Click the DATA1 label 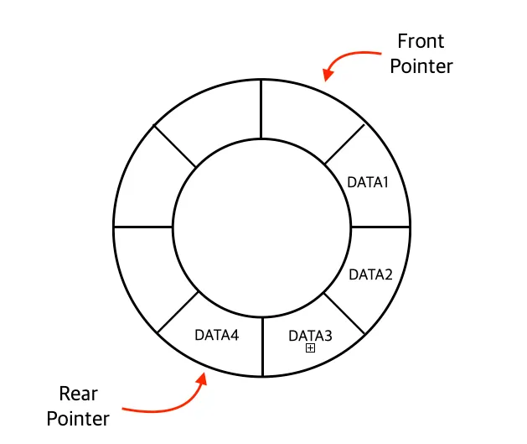369,180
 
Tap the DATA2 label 370,274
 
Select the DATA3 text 310,336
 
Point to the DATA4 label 217,335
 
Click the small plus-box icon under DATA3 310,348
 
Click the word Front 421,41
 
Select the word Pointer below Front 421,66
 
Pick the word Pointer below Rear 77,418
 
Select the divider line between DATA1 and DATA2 380,227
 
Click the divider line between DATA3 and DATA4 262,345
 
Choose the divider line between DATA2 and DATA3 344,311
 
